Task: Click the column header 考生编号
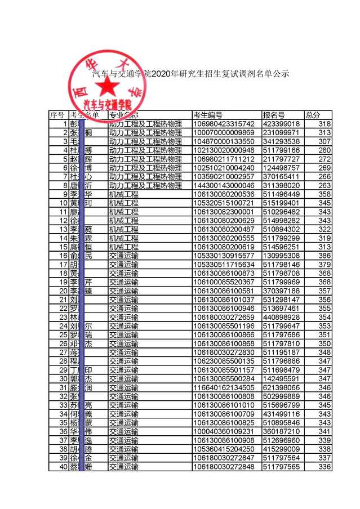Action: coord(207,115)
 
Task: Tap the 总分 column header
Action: coord(313,115)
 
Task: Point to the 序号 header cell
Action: coord(57,115)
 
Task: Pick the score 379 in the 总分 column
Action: coord(324,265)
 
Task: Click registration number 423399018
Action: coord(281,124)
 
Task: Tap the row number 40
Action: coord(63,467)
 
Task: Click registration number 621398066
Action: coord(281,388)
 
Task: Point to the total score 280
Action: coord(324,150)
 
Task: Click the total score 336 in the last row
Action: coord(324,467)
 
